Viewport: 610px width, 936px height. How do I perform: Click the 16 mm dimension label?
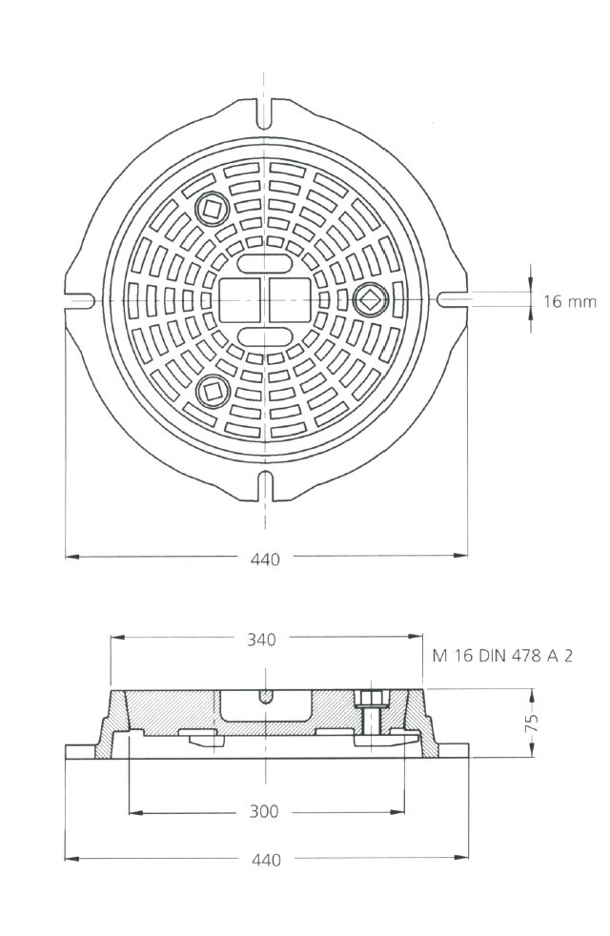pos(569,301)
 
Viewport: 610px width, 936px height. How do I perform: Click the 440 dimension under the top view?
pos(265,560)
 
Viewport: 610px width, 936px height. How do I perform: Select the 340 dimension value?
pos(261,640)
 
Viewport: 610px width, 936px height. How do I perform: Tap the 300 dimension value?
pos(263,811)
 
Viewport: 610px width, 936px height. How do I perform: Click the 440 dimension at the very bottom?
pos(266,860)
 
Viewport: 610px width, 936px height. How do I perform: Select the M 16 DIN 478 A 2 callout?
pos(502,656)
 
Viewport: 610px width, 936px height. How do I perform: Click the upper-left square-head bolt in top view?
pos(212,209)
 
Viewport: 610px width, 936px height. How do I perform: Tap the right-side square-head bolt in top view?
pos(370,299)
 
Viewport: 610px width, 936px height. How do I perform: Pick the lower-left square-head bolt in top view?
pos(212,391)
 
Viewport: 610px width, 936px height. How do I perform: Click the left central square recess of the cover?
pos(240,300)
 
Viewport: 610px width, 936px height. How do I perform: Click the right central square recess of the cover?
pos(290,300)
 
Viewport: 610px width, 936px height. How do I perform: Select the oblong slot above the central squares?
pos(264,263)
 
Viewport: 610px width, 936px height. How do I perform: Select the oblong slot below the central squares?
pos(264,336)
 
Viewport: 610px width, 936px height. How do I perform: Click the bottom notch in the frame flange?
pos(265,486)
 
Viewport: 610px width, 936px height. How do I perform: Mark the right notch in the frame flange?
pos(452,299)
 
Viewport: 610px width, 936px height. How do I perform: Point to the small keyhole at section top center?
pos(265,696)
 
